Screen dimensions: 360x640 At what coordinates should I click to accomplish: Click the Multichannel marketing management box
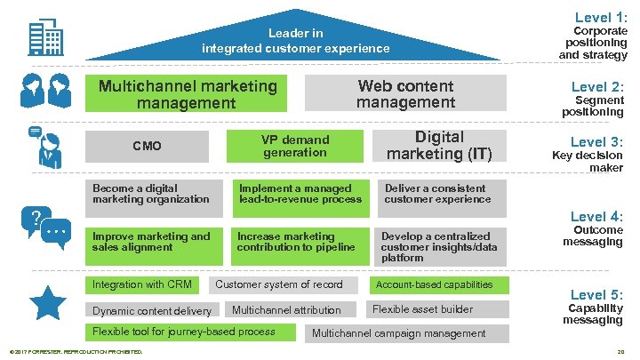pyautogui.click(x=188, y=94)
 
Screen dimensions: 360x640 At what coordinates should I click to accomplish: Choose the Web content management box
pyautogui.click(x=405, y=94)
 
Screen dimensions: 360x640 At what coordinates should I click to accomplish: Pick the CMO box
pyautogui.click(x=147, y=146)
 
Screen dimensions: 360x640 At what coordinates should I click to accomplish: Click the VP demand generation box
pyautogui.click(x=295, y=146)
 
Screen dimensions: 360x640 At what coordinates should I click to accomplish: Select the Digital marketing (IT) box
pyautogui.click(x=439, y=146)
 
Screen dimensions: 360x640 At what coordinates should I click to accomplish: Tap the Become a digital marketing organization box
pyautogui.click(x=155, y=194)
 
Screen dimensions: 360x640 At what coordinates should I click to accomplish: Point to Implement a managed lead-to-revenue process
pyautogui.click(x=300, y=194)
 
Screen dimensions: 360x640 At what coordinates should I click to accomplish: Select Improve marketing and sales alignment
pyautogui.click(x=155, y=242)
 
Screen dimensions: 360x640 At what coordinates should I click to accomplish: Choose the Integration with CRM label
pyautogui.click(x=142, y=284)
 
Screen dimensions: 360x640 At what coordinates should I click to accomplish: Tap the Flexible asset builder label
pyautogui.click(x=422, y=309)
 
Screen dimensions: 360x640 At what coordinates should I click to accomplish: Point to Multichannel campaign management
pyautogui.click(x=399, y=333)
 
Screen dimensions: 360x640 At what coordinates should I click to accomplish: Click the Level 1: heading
pyautogui.click(x=601, y=17)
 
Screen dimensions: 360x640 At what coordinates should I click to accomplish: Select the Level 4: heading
pyautogui.click(x=596, y=216)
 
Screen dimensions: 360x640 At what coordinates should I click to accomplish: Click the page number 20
pyautogui.click(x=621, y=353)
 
